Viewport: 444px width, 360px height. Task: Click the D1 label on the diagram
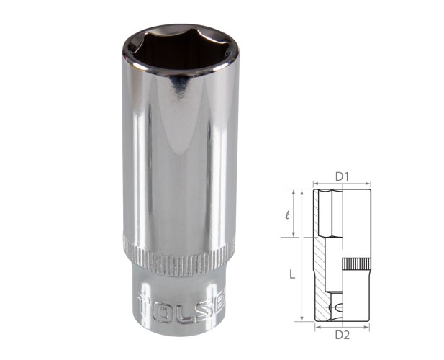coord(343,176)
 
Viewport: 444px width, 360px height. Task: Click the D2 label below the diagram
coord(343,333)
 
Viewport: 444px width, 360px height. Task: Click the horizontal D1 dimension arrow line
coord(343,184)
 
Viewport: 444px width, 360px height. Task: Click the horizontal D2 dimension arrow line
coord(343,325)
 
